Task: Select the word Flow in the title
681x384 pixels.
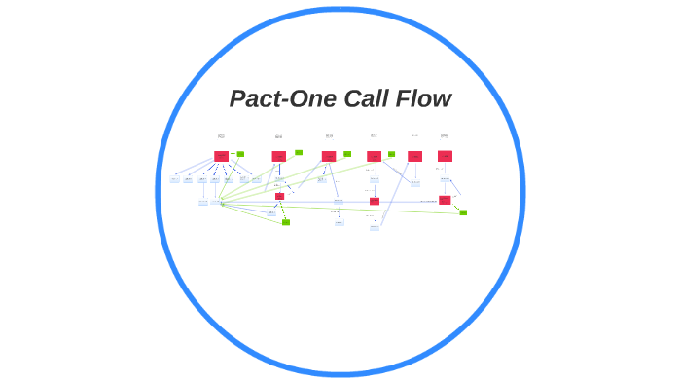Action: click(424, 99)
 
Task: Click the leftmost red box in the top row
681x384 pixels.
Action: click(222, 156)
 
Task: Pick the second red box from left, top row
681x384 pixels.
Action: click(279, 156)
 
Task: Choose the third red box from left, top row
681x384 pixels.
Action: click(329, 156)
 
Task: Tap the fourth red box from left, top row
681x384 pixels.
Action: click(374, 156)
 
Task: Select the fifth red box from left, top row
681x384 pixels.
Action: click(414, 156)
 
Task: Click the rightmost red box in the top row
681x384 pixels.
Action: click(445, 156)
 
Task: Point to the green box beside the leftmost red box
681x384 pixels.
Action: click(240, 154)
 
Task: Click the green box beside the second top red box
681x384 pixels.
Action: click(299, 152)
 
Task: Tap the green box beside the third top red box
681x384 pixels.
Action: click(347, 154)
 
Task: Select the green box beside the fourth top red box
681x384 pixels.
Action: click(391, 154)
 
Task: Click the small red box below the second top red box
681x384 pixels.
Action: click(279, 196)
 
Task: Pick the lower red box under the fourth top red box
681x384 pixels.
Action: click(375, 201)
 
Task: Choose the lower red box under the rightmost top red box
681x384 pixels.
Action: click(445, 200)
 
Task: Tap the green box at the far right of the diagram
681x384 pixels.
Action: click(463, 211)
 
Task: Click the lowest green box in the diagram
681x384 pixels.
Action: click(286, 222)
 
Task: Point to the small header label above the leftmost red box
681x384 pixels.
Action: click(222, 136)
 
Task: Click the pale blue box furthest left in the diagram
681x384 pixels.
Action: click(175, 179)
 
